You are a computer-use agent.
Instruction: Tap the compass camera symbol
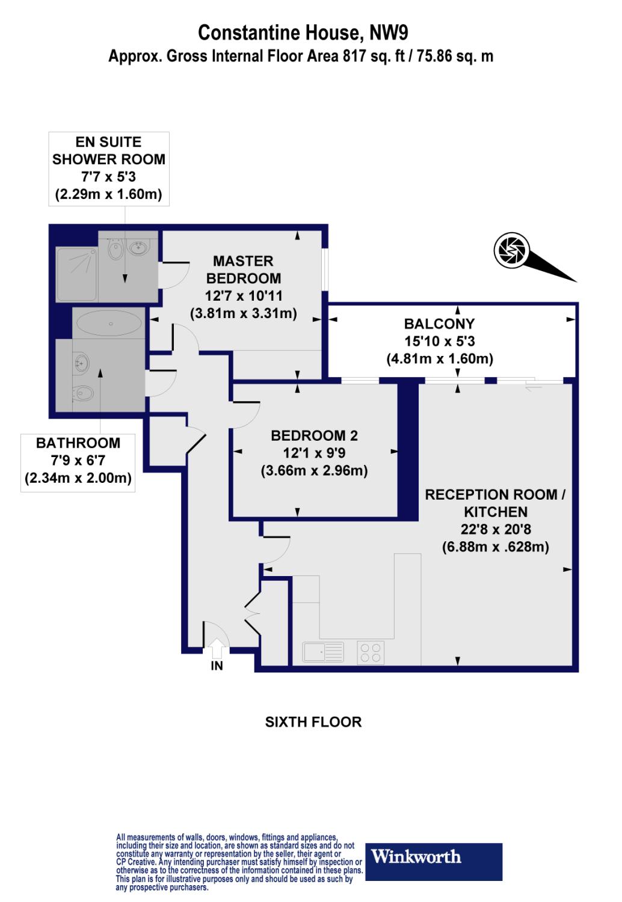tap(511, 250)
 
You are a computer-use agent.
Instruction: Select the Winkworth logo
tap(434, 862)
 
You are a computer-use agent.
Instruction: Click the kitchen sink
tap(324, 652)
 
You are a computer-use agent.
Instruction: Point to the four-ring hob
tap(371, 653)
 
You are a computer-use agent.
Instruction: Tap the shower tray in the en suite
tap(76, 274)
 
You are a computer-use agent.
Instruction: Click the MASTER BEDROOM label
tap(243, 269)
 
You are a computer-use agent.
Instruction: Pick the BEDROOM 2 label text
tap(314, 435)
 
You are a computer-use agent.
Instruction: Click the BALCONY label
tap(439, 324)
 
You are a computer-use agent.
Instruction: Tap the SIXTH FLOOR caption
tap(313, 722)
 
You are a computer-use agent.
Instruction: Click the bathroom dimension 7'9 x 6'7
tap(78, 461)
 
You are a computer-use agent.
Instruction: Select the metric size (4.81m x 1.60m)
tap(439, 359)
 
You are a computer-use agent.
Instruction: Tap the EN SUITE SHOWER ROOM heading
tap(109, 150)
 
